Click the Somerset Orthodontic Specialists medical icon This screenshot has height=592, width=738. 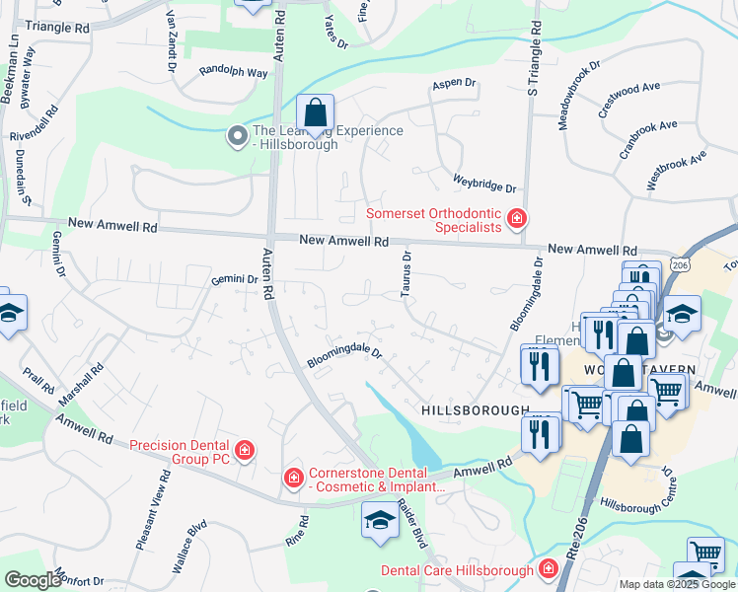[515, 218]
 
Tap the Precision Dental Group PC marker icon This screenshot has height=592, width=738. [244, 452]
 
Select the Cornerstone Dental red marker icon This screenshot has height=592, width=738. [293, 479]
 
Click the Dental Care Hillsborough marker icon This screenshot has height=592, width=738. [548, 569]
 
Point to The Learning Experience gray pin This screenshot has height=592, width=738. [237, 136]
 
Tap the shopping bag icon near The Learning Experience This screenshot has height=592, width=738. [315, 115]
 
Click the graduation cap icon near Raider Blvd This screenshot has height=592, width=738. [378, 522]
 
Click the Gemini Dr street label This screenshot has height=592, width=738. [234, 280]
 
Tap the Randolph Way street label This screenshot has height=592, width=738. [233, 72]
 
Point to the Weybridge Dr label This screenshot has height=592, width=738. [484, 185]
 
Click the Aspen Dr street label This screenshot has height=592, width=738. [454, 85]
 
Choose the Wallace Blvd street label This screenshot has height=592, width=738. [188, 547]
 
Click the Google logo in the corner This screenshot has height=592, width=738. [33, 580]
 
